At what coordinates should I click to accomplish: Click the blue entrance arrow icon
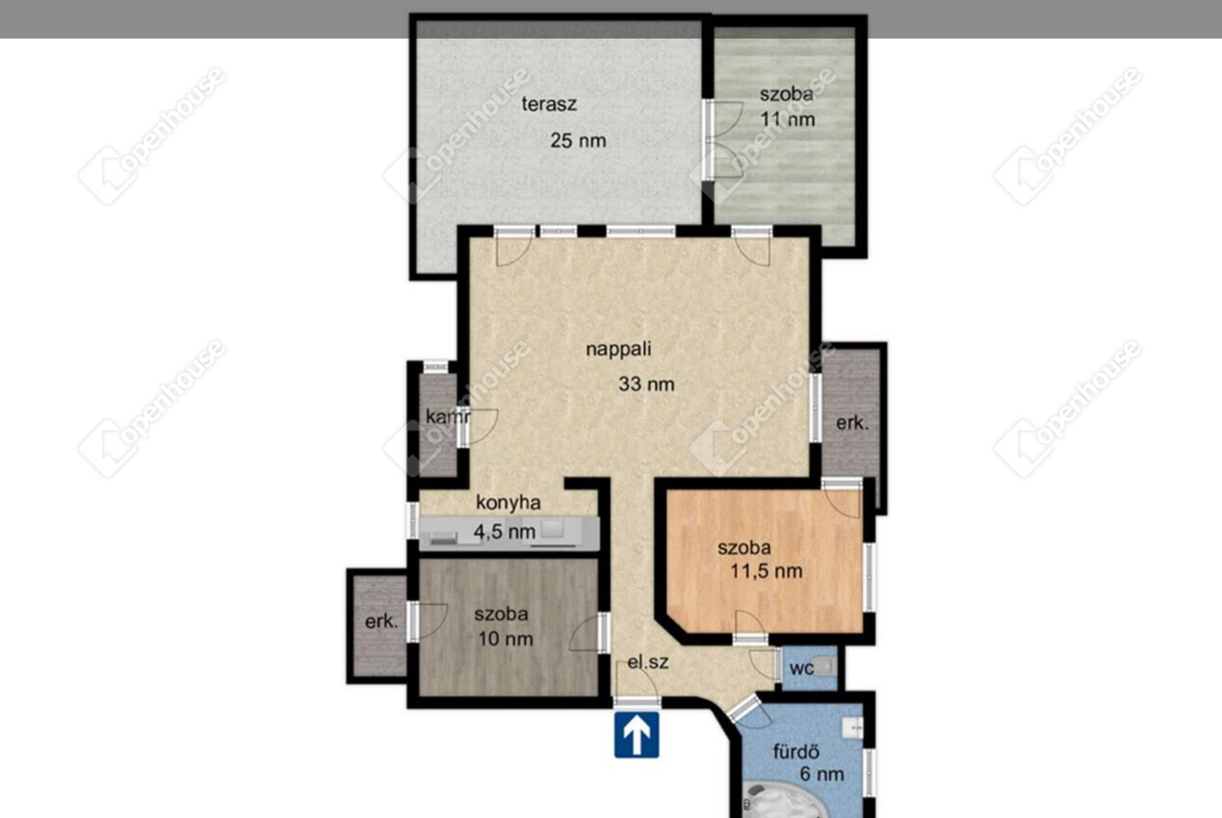[x=637, y=734]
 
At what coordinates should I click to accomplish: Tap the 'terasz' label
[x=549, y=104]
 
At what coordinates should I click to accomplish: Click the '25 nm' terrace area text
[x=578, y=141]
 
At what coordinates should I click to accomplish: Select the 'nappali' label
[x=618, y=349]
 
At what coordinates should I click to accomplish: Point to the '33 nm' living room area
[x=646, y=384]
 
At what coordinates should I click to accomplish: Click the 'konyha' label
[x=508, y=503]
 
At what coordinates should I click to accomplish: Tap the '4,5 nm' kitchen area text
[x=504, y=532]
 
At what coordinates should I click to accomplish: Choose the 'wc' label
[x=801, y=669]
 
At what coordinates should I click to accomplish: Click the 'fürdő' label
[x=796, y=752]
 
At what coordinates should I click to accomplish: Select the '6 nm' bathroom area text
[x=822, y=774]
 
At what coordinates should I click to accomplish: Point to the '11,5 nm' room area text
[x=767, y=571]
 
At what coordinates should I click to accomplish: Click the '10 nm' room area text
[x=506, y=639]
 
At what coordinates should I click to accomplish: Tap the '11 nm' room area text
[x=788, y=119]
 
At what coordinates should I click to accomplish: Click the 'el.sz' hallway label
[x=647, y=663]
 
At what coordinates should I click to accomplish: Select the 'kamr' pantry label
[x=448, y=417]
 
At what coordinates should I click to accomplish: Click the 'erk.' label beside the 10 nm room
[x=381, y=621]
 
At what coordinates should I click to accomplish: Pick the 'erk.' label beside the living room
[x=852, y=423]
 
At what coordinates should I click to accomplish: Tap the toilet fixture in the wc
[x=824, y=667]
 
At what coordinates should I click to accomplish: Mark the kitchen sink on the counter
[x=552, y=529]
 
